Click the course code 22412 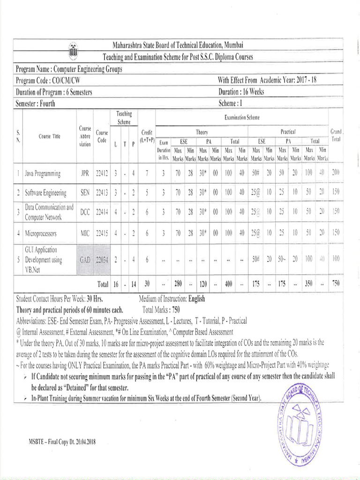click(102, 173)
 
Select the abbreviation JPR click(85, 173)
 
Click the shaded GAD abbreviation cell click(85, 259)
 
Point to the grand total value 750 click(336, 284)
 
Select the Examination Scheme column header click(241, 116)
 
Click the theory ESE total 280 click(178, 284)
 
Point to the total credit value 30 click(147, 284)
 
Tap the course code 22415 click(102, 232)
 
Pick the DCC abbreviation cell click(85, 212)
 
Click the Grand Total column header click(336, 135)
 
